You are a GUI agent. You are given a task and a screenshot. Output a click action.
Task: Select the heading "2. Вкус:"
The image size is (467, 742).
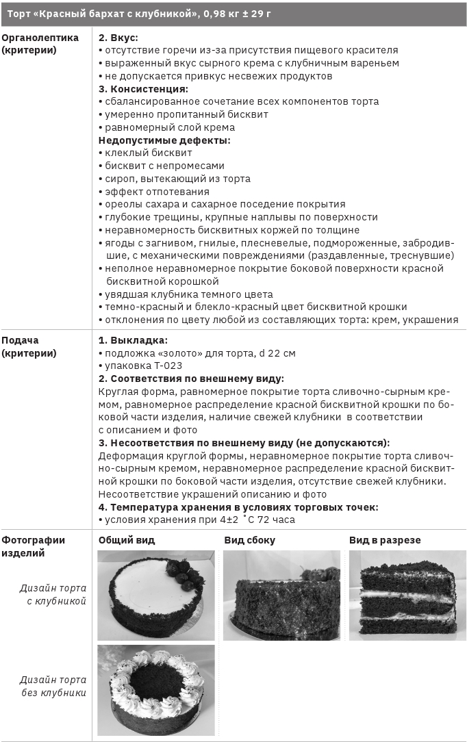coord(118,37)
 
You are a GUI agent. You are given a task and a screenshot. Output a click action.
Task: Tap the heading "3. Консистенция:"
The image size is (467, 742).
coord(143,88)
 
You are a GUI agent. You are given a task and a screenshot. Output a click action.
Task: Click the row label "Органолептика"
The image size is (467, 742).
coord(40,37)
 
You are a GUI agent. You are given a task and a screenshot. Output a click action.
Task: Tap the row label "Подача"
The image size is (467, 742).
coord(20,340)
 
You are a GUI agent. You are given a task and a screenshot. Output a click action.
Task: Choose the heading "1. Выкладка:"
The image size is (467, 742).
coord(133,340)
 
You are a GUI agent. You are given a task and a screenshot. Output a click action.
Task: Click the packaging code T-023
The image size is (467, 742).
coord(163,366)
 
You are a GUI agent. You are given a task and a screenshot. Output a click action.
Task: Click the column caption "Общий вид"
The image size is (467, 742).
coord(127,540)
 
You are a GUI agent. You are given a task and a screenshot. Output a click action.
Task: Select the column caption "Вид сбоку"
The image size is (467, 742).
coord(249,540)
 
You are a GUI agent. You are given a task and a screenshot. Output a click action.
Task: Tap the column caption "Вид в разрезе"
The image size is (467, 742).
coord(385,540)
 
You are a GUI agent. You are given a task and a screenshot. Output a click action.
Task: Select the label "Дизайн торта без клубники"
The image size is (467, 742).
coord(53,686)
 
